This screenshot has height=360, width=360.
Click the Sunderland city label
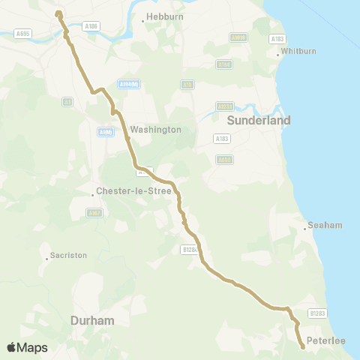[243, 120]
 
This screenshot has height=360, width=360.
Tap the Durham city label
[92, 320]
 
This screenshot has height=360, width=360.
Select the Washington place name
[156, 130]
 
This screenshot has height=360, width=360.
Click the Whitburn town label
[293, 52]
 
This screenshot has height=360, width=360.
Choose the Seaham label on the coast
[325, 225]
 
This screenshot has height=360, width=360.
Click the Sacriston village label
[68, 255]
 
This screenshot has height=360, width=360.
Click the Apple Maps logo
[27, 347]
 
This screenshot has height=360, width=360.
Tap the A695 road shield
[23, 33]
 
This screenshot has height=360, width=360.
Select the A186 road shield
[91, 25]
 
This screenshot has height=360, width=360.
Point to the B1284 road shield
[189, 249]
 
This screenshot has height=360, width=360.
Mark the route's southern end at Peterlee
[302, 346]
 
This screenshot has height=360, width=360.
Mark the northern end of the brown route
[58, 13]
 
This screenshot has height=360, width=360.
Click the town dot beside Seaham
[305, 226]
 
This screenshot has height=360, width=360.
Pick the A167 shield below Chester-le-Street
[94, 213]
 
